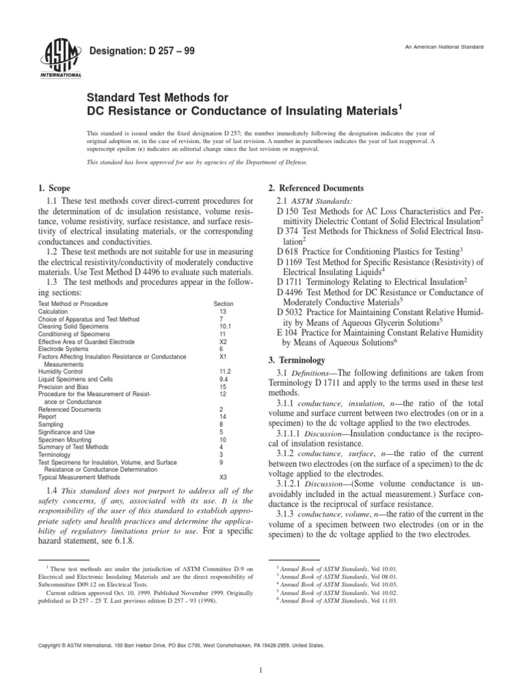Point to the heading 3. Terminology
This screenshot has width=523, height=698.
coord(300,360)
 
